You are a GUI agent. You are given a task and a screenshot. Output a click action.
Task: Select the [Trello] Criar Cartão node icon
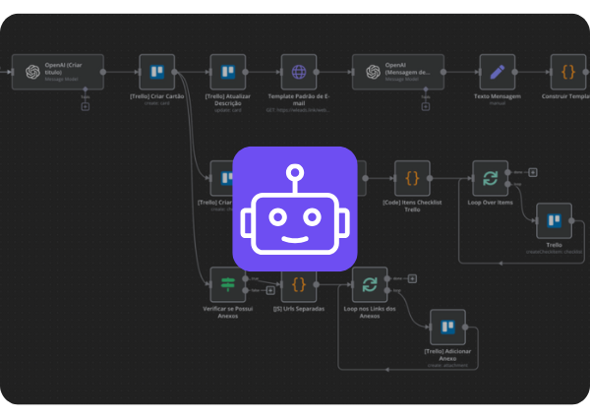coord(156,72)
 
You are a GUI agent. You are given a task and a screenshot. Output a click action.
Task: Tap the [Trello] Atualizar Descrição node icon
coord(228,72)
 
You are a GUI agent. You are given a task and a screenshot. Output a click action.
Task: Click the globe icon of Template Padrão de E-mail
coord(300,72)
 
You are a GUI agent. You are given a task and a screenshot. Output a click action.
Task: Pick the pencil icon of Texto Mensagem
coord(497,72)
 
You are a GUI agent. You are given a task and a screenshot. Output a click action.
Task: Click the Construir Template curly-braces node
coord(567,72)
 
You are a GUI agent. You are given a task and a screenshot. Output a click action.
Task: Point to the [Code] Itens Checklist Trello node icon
coord(412,178)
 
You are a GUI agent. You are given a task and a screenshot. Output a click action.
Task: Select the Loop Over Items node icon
coord(490,178)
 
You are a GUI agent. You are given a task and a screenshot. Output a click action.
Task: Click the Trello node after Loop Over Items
coord(554,221)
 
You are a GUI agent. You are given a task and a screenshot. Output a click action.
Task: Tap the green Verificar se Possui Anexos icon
coord(228,284)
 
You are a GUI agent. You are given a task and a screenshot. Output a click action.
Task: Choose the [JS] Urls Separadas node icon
coord(299,284)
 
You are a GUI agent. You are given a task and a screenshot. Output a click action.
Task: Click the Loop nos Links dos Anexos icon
coord(370,284)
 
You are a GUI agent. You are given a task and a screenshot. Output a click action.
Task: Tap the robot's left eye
coord(276,215)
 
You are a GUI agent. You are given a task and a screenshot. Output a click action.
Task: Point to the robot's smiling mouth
coord(294,237)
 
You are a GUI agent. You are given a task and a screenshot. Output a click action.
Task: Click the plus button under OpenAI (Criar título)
coord(85,106)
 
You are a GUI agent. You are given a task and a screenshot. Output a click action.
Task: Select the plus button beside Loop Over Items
coord(533,171)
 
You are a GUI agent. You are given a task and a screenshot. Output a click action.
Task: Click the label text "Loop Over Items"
coord(490,203)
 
